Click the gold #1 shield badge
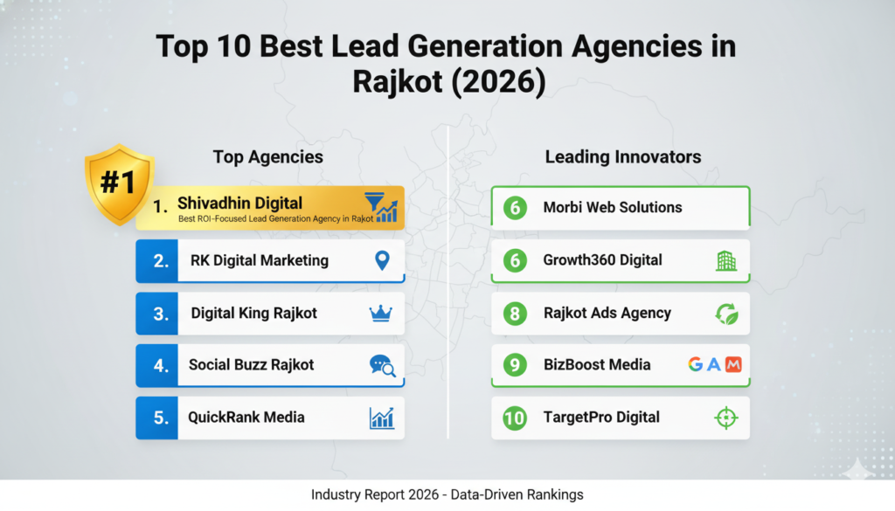point(119,183)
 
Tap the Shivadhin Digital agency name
point(239,203)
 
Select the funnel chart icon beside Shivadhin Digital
point(381,207)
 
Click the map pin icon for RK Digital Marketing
point(382,260)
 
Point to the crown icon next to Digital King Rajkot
point(381,313)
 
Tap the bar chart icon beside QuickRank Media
point(382,418)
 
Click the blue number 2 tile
point(157,260)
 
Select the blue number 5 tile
point(157,418)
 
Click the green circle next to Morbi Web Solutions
point(515,208)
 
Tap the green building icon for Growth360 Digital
point(726,260)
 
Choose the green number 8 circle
point(515,313)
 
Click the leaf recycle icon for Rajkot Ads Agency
point(726,314)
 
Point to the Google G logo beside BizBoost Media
point(695,364)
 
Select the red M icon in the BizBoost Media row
point(733,364)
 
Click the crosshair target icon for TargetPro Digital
point(726,418)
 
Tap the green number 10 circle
point(515,418)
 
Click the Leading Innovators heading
point(622,157)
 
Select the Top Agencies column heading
point(267,157)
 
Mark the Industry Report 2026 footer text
point(447,494)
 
